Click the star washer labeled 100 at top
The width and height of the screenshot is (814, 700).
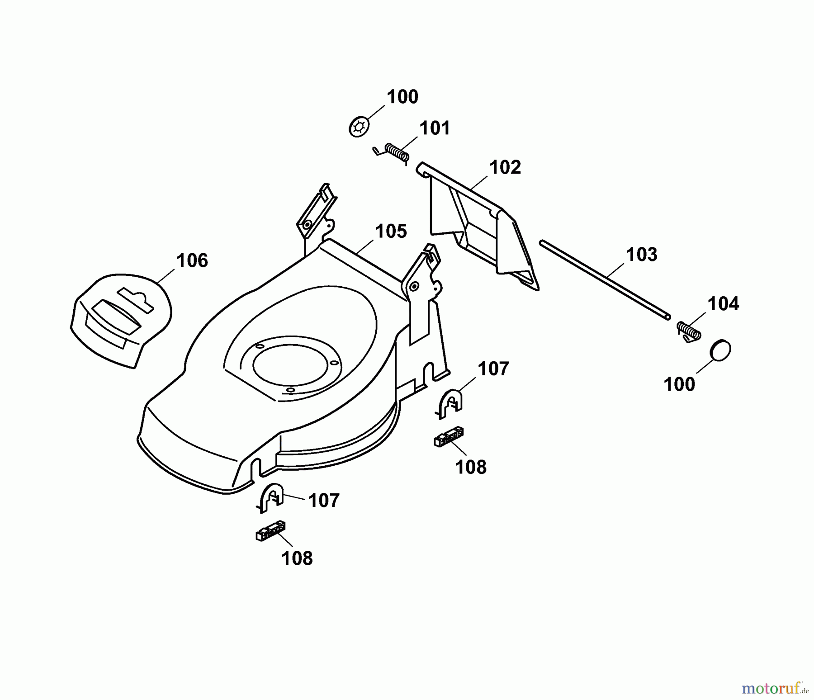tap(359, 127)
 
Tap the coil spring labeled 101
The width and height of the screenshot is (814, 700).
tap(397, 151)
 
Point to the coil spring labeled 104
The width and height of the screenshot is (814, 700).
tap(689, 331)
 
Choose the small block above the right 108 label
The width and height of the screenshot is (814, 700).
tap(449, 436)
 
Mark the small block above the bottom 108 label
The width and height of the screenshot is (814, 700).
tap(270, 530)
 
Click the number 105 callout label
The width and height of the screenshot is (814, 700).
tap(391, 231)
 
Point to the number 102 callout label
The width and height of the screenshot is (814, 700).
tap(505, 167)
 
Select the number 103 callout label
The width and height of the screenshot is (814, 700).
tap(641, 254)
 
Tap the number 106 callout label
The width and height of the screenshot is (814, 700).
tap(192, 260)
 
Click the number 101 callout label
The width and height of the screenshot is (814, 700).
tap(435, 128)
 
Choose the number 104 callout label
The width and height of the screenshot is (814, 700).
tap(723, 303)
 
